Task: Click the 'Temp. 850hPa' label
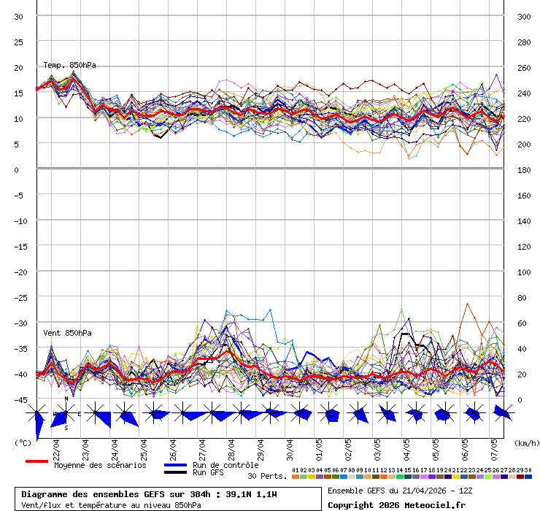69,66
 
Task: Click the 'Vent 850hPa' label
67,333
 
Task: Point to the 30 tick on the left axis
19,17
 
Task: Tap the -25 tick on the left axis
19,298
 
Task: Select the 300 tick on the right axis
523,17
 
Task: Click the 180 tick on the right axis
523,170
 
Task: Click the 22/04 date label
56,447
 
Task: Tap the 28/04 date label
231,447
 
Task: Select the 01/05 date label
319,447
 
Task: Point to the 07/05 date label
494,447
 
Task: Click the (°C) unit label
23,442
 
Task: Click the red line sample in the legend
36,461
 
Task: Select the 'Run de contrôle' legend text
225,465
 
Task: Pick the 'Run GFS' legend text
208,473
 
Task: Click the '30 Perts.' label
267,476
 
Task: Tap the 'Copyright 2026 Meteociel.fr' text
396,504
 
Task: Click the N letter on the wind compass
66,399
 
